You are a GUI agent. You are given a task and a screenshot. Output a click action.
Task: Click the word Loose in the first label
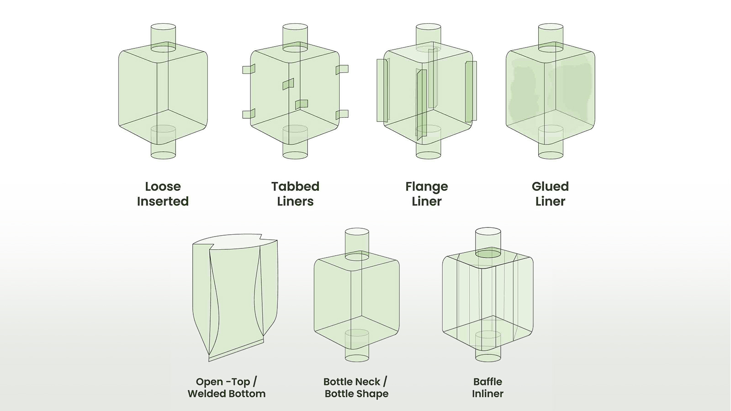[x=163, y=186]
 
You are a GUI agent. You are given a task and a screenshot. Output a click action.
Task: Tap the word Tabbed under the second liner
[x=295, y=186]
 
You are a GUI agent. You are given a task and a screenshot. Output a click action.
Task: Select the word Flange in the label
[x=426, y=186]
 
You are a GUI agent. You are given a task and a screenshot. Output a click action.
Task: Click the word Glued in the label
[x=550, y=186]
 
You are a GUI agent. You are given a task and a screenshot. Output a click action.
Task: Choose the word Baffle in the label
[x=487, y=382]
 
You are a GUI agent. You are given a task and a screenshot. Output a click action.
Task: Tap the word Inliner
[x=487, y=394]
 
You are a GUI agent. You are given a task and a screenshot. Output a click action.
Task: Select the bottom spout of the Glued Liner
[x=551, y=146]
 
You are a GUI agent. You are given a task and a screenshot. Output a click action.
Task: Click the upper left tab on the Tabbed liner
[x=249, y=69]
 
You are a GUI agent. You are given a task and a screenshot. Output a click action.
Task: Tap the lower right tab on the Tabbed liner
[x=342, y=114]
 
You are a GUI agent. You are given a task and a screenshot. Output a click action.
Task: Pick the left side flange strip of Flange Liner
[x=382, y=90]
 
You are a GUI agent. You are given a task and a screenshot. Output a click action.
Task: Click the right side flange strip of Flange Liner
[x=471, y=91]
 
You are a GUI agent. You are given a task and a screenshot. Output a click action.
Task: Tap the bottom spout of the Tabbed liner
[x=295, y=146]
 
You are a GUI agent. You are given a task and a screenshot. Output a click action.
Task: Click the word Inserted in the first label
[x=163, y=201]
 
